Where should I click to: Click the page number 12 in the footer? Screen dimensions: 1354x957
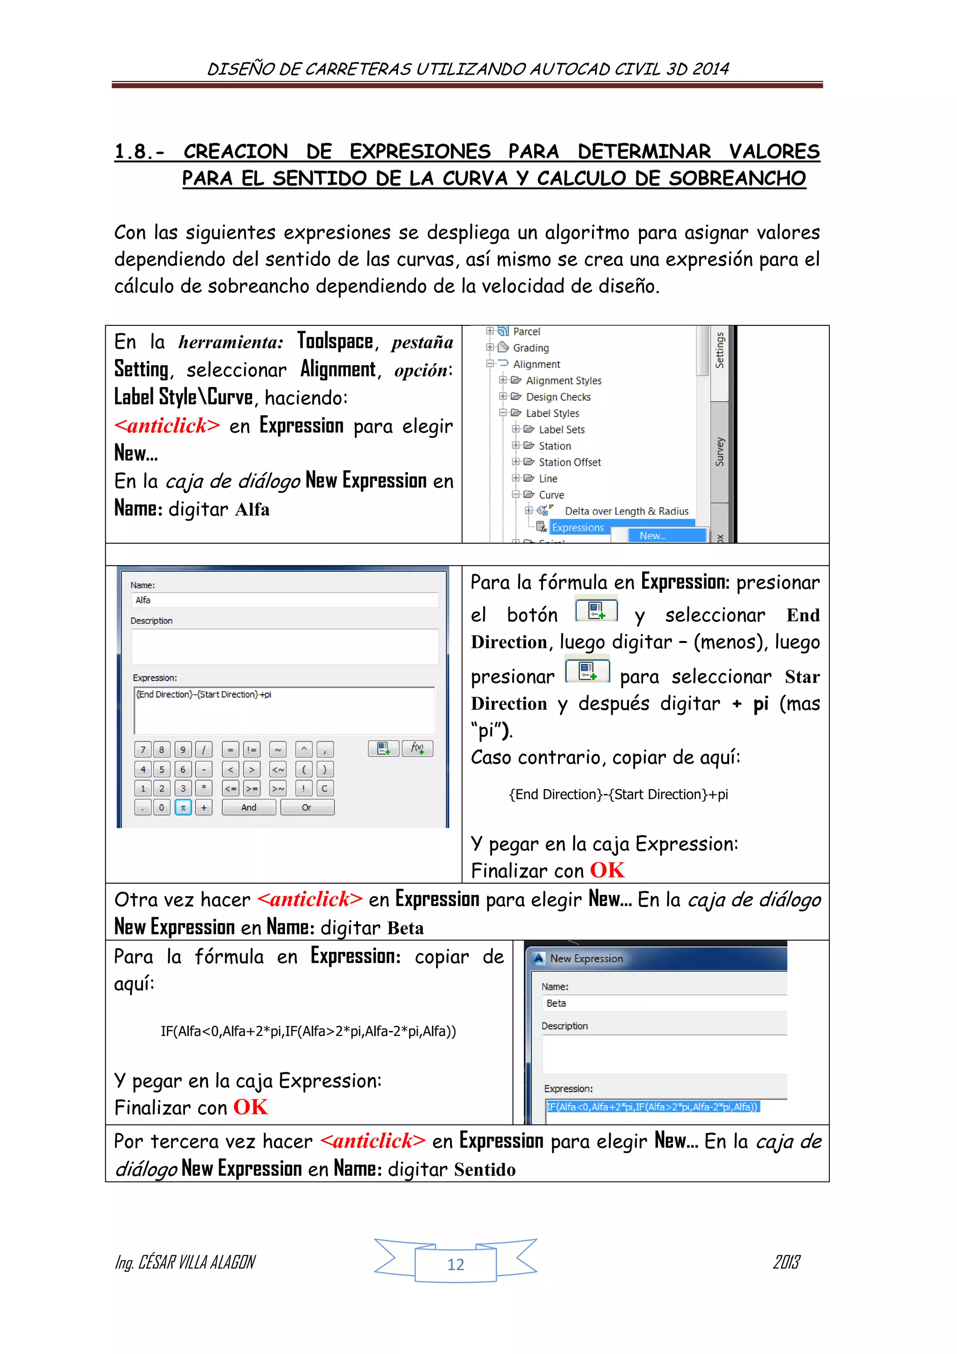pos(456,1264)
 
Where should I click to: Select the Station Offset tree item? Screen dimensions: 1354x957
pos(569,462)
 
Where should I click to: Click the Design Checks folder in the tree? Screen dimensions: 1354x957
pos(557,397)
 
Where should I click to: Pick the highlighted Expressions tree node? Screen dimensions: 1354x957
pos(578,528)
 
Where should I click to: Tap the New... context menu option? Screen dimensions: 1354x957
pos(653,535)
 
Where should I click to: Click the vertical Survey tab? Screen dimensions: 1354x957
pos(720,452)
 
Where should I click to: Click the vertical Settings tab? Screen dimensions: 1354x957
pos(720,351)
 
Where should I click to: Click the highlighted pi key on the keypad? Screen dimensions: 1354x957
pos(183,807)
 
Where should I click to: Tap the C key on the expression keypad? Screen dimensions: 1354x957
pos(324,788)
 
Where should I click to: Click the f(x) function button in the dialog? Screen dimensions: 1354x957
pos(417,749)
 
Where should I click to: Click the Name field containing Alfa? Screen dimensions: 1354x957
pos(284,600)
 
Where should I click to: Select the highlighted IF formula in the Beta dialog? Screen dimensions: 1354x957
pos(652,1107)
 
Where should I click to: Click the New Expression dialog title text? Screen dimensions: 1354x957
pos(586,959)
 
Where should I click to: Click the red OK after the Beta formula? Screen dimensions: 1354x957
pos(250,1107)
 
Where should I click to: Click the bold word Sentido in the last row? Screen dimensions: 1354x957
pos(485,1169)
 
